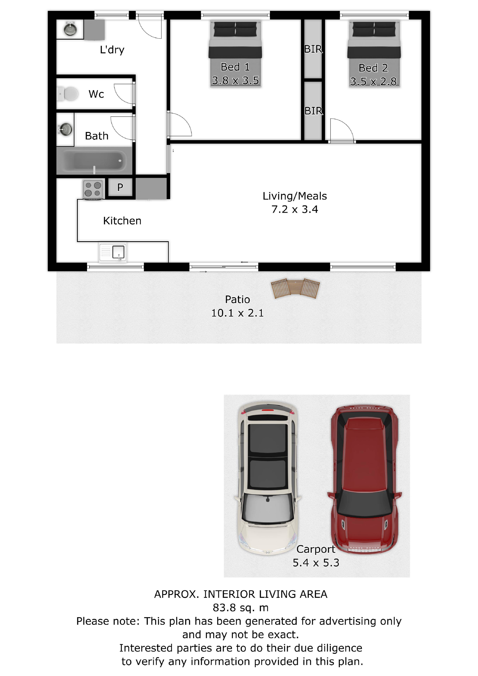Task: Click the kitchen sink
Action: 113,252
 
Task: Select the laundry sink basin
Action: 71,29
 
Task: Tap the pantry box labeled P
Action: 120,187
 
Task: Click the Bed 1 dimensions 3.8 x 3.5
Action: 235,80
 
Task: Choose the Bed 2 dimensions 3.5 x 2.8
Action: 373,82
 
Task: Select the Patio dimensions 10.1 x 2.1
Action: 237,313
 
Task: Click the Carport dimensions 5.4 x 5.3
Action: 316,563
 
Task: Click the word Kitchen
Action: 122,221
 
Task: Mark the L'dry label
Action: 112,50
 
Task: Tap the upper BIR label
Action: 313,49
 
